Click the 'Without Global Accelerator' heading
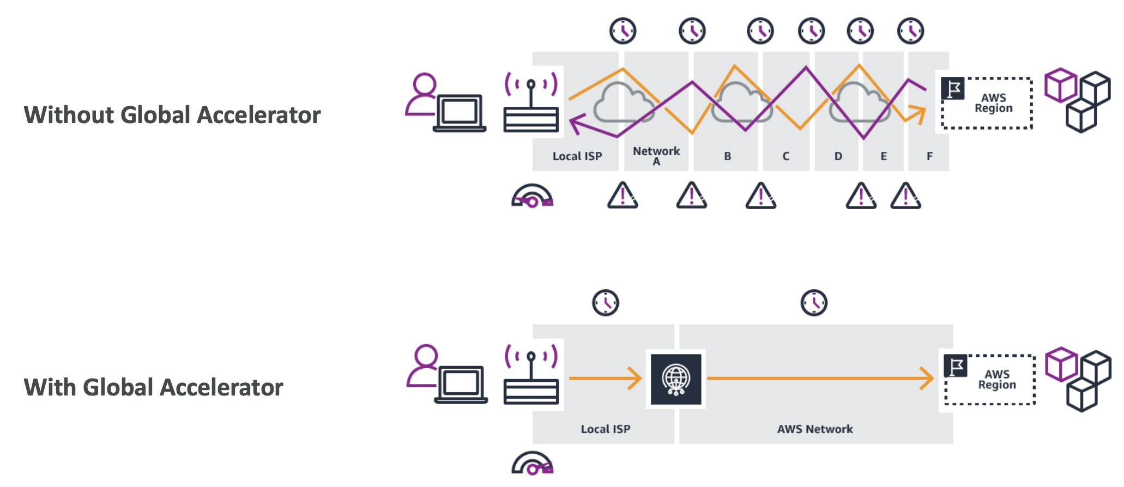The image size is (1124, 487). pos(172,115)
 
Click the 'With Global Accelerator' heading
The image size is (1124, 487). pos(153,387)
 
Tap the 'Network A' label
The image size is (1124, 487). pos(656,155)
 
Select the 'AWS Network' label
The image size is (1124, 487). pos(815,429)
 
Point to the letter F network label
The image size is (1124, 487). pos(929,156)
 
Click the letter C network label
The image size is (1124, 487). pos(785,156)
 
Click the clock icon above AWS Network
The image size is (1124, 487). pos(814,303)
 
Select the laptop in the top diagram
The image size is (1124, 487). pos(460,113)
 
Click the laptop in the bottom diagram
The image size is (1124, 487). pos(461,384)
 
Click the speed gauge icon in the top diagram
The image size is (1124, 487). pos(532,197)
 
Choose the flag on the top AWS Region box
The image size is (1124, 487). pos(953,88)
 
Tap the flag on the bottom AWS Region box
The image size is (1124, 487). pos(956,366)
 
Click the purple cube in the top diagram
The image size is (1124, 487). pos(1060,86)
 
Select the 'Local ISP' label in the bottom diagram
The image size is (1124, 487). pos(605,429)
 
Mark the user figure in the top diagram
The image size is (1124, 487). pos(422,94)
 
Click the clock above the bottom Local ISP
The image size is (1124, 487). pos(606,303)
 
